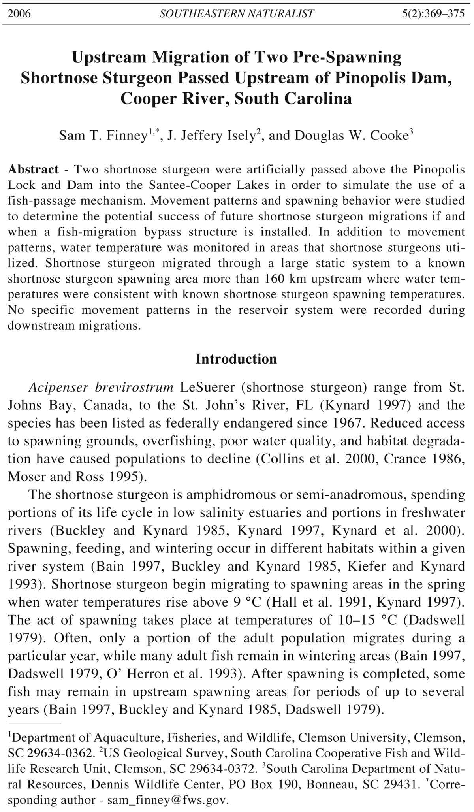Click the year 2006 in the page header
(x=19, y=14)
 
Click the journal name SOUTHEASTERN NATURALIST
(x=237, y=14)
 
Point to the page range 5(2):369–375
(x=433, y=14)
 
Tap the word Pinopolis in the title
(x=380, y=78)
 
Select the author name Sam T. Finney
(x=103, y=136)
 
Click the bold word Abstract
(x=34, y=170)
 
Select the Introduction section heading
(x=236, y=359)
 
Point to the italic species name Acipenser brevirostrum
(x=101, y=387)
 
